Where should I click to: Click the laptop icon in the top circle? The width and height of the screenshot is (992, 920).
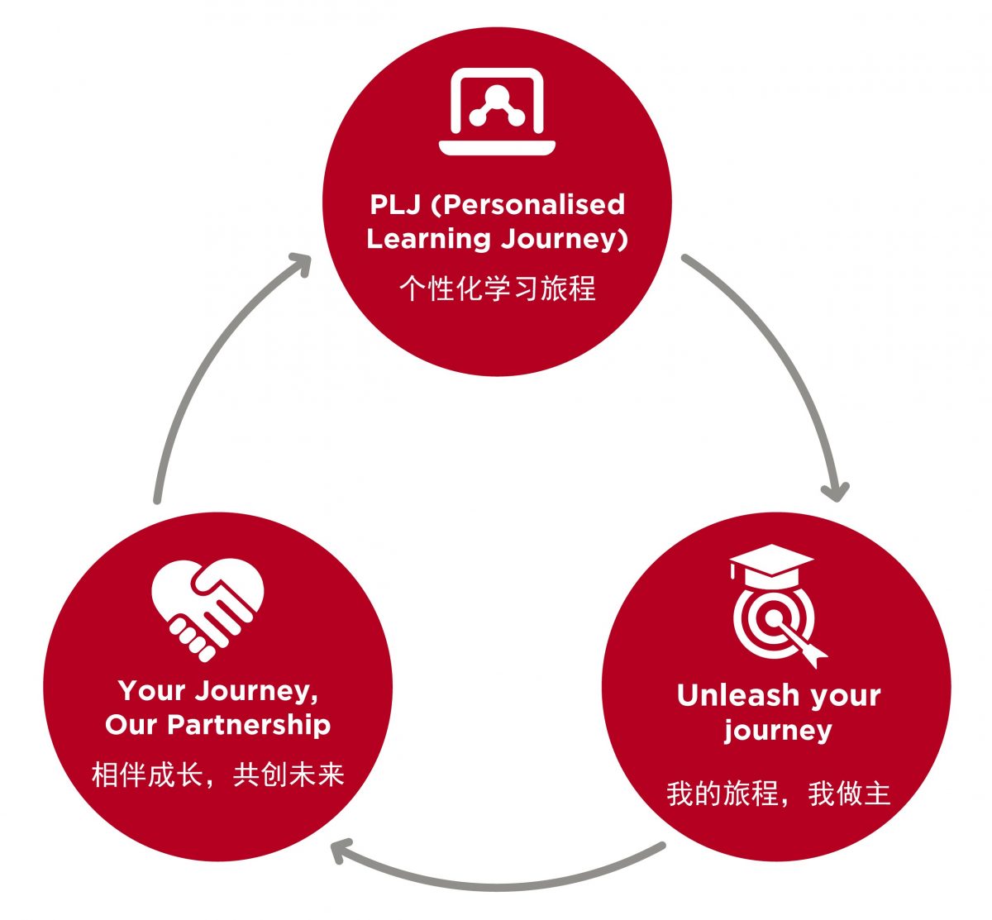497,112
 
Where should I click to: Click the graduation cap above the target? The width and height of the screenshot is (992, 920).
771,561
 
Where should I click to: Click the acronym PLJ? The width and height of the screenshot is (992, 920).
395,204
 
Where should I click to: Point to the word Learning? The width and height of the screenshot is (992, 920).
428,239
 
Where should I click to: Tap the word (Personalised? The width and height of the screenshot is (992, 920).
528,204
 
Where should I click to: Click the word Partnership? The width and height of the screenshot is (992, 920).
249,725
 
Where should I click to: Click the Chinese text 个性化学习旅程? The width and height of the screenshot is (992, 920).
497,288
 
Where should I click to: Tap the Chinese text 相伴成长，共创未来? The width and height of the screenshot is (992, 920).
218,775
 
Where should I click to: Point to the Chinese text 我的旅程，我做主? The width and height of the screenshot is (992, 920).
778,794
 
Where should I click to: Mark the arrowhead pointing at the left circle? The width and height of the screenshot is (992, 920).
339,851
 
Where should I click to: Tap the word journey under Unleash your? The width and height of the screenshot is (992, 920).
778,731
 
